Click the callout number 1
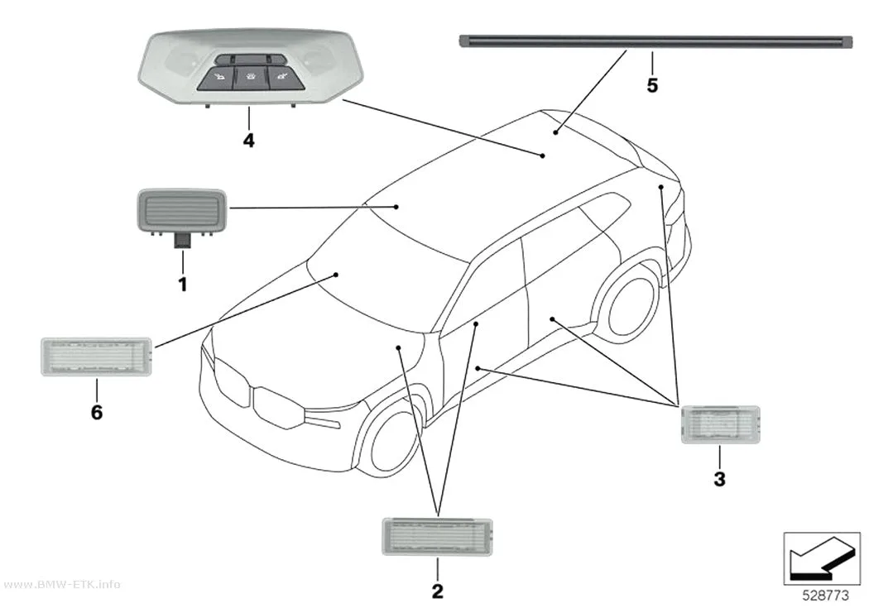click(x=182, y=285)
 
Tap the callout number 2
click(x=437, y=591)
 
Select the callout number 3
click(x=719, y=479)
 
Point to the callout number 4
click(x=249, y=140)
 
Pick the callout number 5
click(x=652, y=85)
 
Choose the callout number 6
click(x=97, y=413)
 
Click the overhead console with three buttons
click(x=249, y=68)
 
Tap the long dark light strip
click(x=655, y=41)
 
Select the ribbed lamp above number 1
click(x=182, y=210)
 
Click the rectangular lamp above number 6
click(x=97, y=357)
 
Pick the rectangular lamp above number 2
click(x=437, y=537)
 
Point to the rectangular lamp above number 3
click(x=721, y=424)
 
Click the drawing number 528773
click(x=825, y=596)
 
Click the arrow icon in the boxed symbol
click(x=822, y=559)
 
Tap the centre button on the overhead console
click(x=249, y=78)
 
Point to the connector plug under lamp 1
click(x=182, y=241)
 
